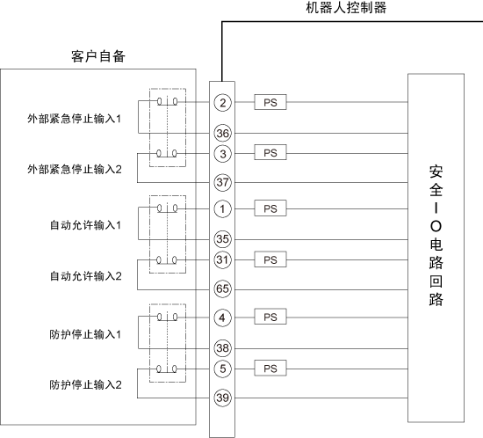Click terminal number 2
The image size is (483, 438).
point(222,102)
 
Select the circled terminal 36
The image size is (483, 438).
point(222,134)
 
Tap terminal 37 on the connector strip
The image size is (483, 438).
point(222,182)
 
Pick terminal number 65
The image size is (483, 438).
point(222,289)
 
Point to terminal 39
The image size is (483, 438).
point(222,398)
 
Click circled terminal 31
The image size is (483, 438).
point(222,259)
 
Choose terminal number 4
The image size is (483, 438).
point(222,318)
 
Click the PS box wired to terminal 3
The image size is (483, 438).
point(270,152)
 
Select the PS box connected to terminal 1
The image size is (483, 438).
point(270,208)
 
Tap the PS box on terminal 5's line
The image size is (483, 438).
point(270,368)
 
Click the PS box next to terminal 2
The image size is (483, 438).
point(270,102)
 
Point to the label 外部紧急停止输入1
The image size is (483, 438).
point(75,119)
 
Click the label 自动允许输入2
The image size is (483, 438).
point(86,276)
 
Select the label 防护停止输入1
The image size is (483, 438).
point(85,334)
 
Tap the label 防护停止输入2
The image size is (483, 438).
point(86,385)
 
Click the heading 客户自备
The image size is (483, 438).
point(98,56)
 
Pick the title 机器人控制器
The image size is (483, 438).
point(346,8)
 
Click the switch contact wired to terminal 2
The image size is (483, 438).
point(168,101)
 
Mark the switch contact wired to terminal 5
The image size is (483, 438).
point(167,369)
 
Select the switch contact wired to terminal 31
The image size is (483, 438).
point(167,260)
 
